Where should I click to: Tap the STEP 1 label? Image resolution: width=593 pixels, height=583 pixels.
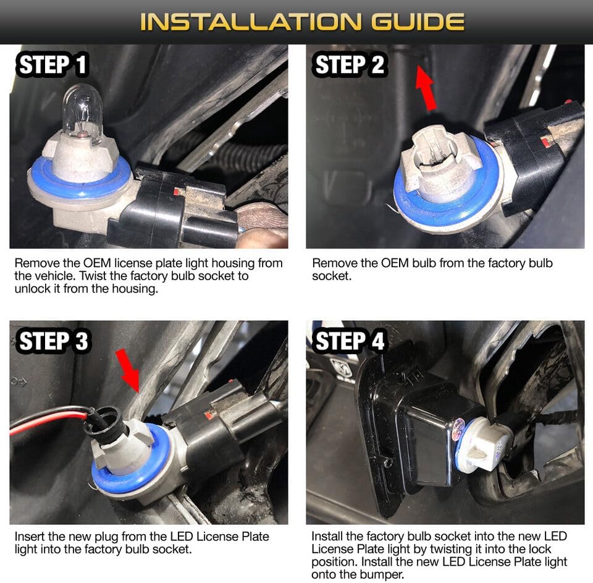(53, 64)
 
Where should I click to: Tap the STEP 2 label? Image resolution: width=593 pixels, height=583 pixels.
(350, 64)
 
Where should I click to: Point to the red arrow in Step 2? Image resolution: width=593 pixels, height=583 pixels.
(426, 87)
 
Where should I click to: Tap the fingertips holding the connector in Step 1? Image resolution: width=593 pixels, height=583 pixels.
(261, 227)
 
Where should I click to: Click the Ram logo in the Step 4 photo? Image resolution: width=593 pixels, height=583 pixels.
(341, 368)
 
